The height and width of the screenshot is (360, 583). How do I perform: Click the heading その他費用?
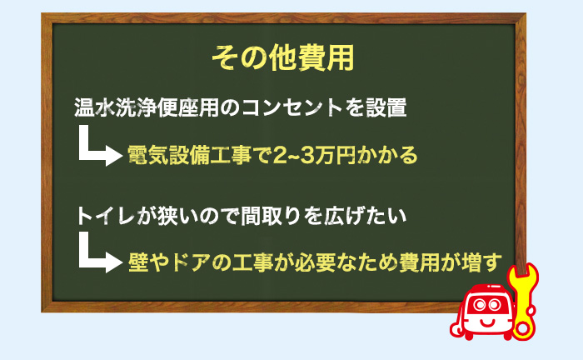tap(283, 57)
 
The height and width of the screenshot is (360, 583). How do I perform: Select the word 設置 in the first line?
tap(386, 107)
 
